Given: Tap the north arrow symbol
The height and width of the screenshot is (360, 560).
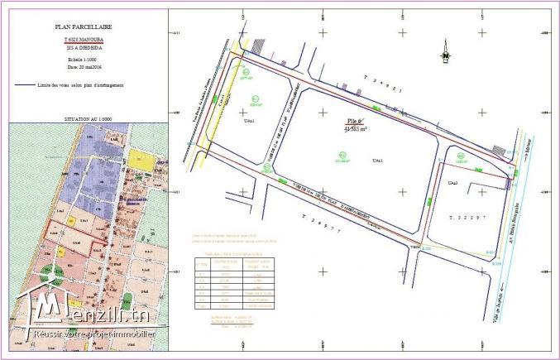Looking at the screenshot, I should pyautogui.click(x=444, y=49).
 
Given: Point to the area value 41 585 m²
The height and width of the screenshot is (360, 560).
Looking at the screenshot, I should pyautogui.click(x=357, y=129).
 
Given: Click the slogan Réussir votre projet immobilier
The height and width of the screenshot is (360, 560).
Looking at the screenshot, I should pyautogui.click(x=95, y=334).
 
